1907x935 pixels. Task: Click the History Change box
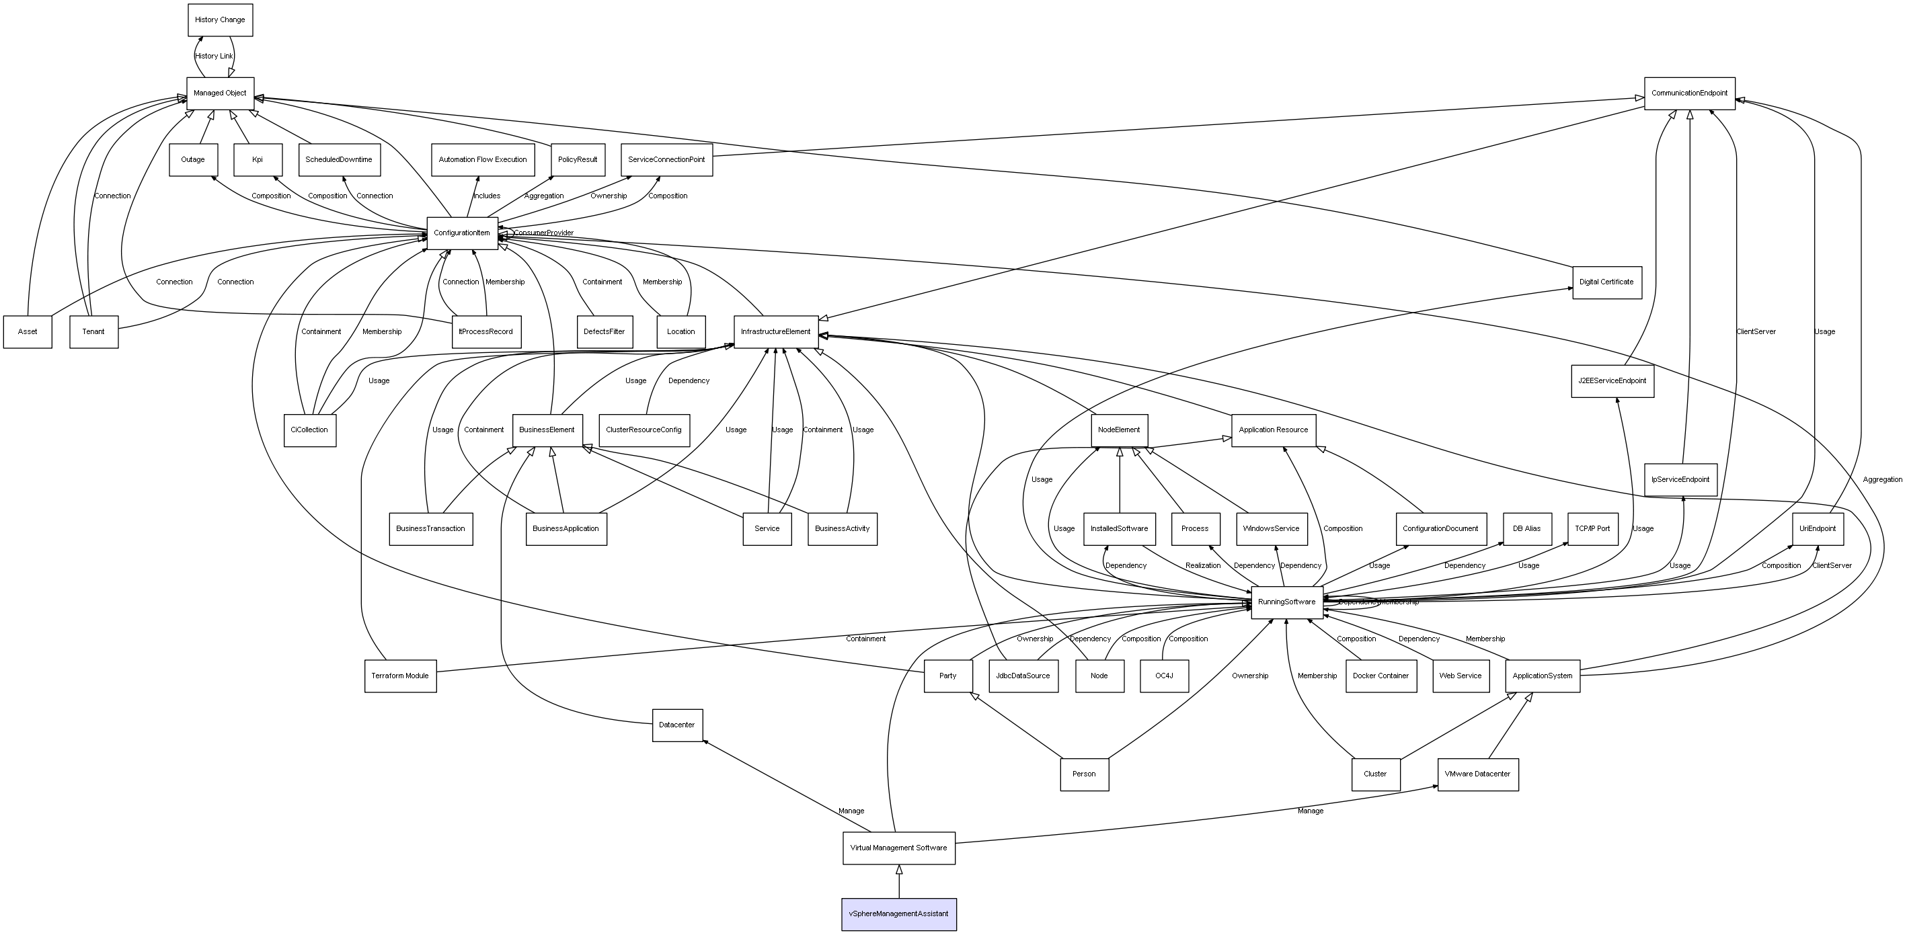point(220,20)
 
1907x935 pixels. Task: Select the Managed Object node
point(220,93)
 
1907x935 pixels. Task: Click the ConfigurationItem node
point(462,233)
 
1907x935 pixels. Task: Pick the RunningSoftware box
point(1286,602)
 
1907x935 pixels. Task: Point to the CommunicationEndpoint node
point(1688,93)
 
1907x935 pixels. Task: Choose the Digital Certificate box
point(1606,282)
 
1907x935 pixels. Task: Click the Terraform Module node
point(400,676)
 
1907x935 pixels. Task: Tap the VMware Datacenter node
point(1477,774)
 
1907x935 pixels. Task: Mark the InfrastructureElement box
point(775,331)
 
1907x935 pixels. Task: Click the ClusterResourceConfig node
point(644,430)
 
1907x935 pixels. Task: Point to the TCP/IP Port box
point(1592,528)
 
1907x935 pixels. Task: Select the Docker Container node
point(1380,676)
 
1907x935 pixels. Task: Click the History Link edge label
point(213,56)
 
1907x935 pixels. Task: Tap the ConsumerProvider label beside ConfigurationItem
point(543,233)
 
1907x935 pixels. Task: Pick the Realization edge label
point(1202,565)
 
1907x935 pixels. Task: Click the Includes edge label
point(486,196)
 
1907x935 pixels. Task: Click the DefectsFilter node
point(604,331)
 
